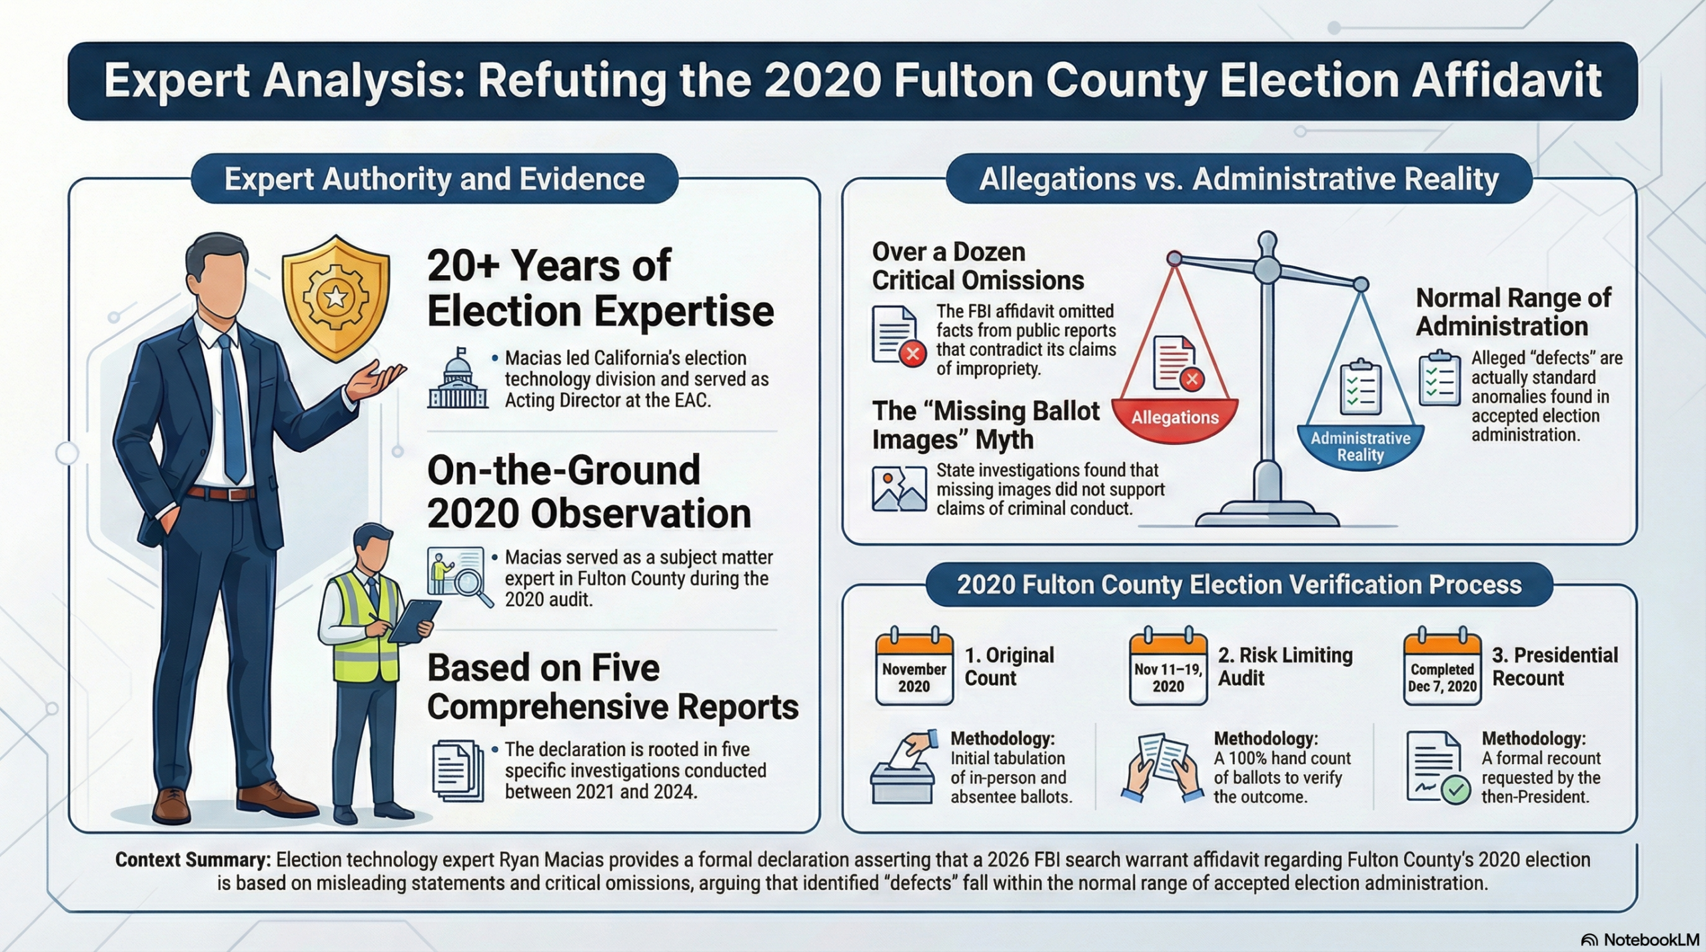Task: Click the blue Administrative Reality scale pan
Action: [x=1360, y=445]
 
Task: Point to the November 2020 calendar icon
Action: [x=914, y=668]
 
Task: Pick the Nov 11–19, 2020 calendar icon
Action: [x=1168, y=668]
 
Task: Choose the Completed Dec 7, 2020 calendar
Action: [x=1442, y=668]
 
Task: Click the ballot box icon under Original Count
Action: [x=902, y=769]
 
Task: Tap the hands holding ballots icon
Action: [x=1162, y=767]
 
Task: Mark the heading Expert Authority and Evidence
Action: [x=434, y=179]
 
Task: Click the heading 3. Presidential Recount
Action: [x=1555, y=666]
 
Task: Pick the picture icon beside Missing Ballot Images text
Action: [x=899, y=489]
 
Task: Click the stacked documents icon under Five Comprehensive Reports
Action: [x=458, y=771]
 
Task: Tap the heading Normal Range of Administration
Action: [x=1513, y=312]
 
